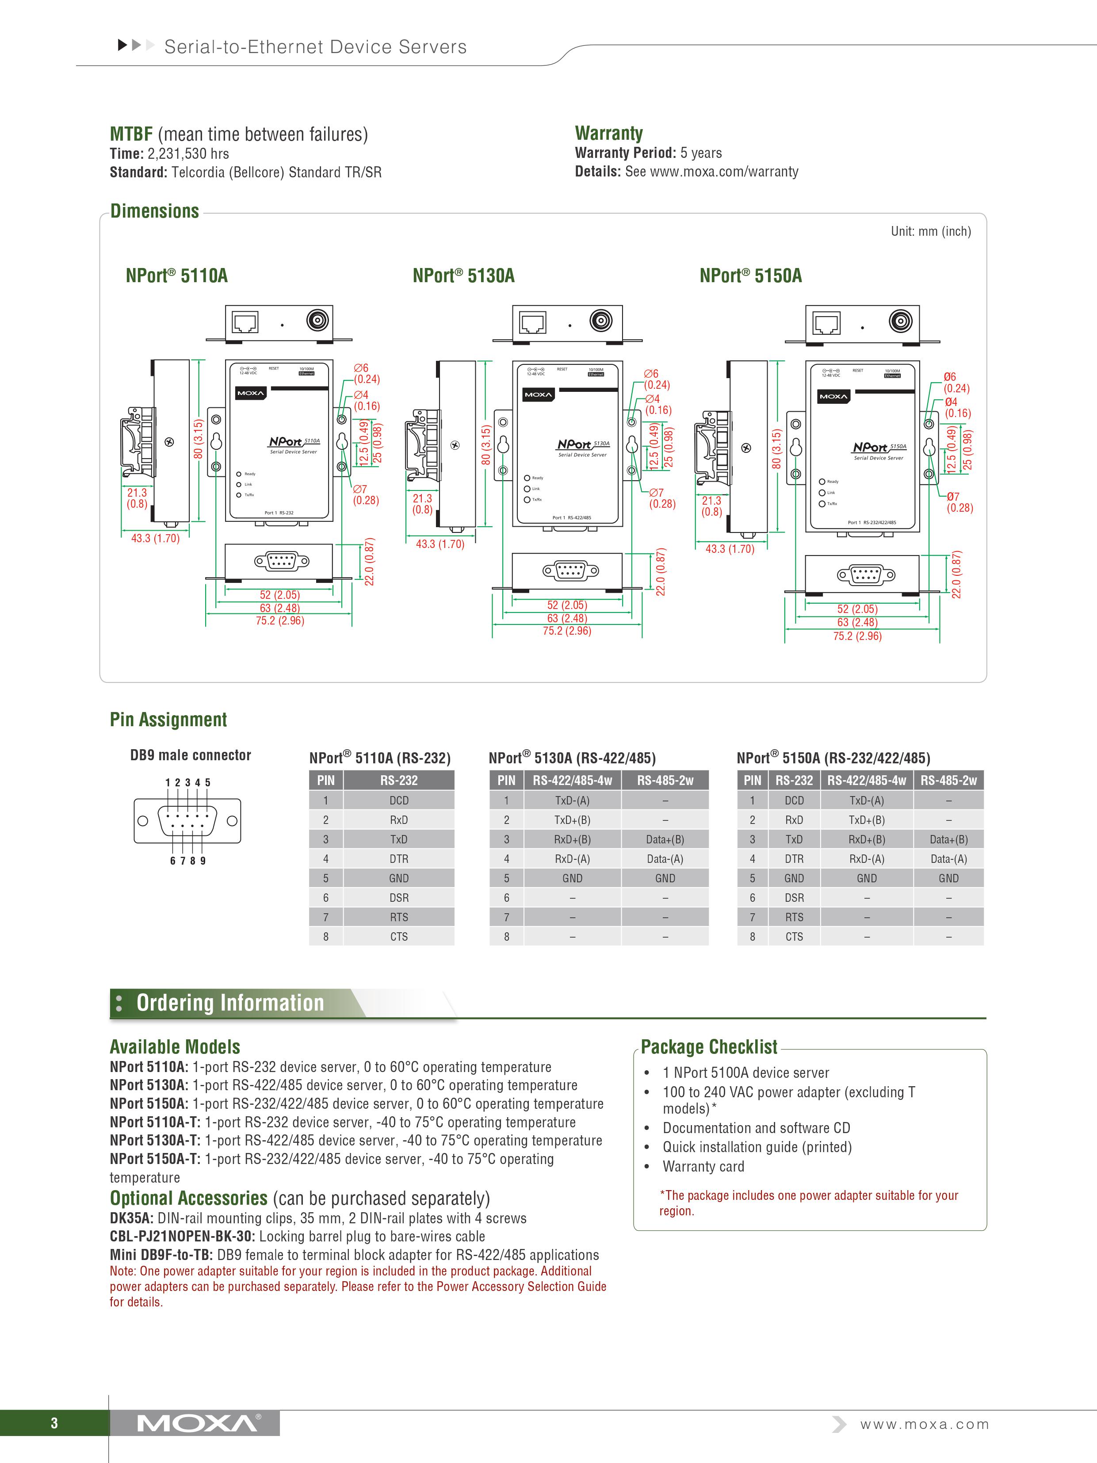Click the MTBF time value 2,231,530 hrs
(188, 154)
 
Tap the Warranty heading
(608, 134)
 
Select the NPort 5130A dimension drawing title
(463, 276)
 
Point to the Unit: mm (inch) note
(930, 231)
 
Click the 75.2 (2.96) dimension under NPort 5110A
(280, 621)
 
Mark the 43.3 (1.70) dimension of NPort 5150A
(730, 549)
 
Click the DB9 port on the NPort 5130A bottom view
(570, 570)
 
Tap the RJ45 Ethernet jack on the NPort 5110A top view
(245, 323)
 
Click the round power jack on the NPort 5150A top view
(900, 322)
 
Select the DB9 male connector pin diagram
(187, 821)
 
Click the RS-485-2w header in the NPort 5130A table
(665, 781)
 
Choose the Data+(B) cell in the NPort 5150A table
(948, 839)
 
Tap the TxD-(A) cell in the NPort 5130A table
(572, 800)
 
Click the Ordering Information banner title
(230, 1003)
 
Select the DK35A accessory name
(131, 1218)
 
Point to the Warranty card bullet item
(703, 1167)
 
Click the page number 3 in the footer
(54, 1423)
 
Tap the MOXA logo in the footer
(198, 1423)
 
